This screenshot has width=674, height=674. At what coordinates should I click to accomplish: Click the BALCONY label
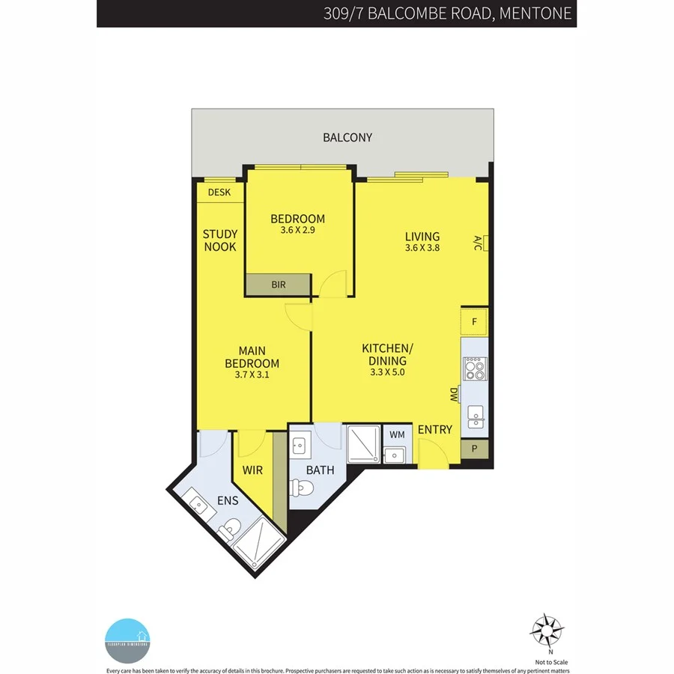347,137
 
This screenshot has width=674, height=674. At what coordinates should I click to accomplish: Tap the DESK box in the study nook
219,192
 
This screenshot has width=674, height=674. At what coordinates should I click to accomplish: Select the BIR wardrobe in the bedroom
278,285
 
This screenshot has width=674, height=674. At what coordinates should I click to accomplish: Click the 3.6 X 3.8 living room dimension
422,249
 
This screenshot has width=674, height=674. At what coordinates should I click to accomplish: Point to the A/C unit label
477,243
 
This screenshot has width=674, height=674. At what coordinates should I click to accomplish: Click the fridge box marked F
474,322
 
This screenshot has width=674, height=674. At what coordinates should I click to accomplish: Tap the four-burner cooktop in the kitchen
474,368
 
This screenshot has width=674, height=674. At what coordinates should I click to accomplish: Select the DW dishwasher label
454,395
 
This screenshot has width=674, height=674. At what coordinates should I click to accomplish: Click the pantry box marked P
474,449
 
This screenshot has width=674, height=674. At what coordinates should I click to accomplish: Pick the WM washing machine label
396,434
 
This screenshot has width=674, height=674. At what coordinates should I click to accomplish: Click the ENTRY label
435,429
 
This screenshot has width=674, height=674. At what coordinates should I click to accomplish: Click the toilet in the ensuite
231,527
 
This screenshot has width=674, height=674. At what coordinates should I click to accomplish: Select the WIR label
252,470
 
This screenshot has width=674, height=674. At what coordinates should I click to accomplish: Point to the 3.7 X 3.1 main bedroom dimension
252,375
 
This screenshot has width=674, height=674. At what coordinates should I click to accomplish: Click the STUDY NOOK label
219,240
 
